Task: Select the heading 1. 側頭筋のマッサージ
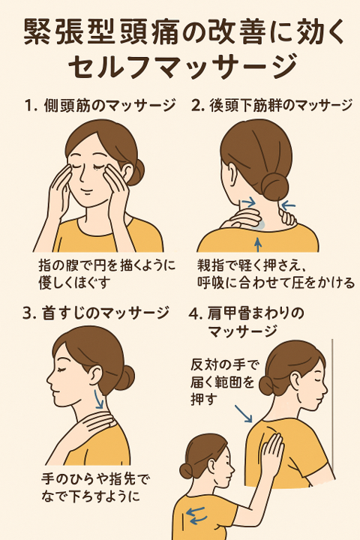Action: point(100,106)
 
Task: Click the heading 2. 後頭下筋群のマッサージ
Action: point(271,106)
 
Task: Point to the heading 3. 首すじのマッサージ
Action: point(96,313)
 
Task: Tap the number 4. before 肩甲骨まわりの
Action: point(195,314)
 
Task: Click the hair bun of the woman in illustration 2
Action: point(274,186)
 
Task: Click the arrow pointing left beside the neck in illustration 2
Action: point(288,206)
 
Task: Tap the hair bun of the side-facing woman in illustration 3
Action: point(124,377)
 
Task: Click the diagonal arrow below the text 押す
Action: point(244,413)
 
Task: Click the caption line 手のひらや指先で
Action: point(96,479)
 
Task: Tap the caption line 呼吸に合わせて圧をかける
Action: point(276,282)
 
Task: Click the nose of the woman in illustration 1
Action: point(83,176)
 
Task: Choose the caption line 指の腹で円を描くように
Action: point(107,265)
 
